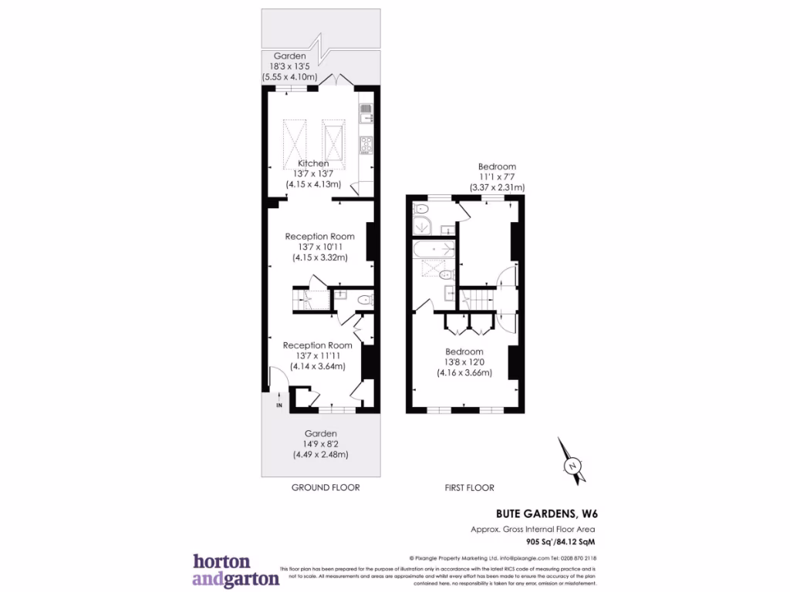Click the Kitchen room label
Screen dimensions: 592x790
coord(314,163)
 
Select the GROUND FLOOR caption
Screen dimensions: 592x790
coord(325,488)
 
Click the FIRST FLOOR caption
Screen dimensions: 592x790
coord(469,488)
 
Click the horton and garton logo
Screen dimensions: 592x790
coord(235,570)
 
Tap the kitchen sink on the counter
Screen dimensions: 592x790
coord(366,113)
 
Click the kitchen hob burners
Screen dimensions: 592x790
coord(366,143)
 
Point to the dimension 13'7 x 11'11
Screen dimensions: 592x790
coord(317,356)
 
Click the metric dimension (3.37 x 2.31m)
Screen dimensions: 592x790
coord(497,187)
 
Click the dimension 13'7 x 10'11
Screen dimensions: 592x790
coord(319,247)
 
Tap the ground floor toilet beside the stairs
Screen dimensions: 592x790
coord(366,299)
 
